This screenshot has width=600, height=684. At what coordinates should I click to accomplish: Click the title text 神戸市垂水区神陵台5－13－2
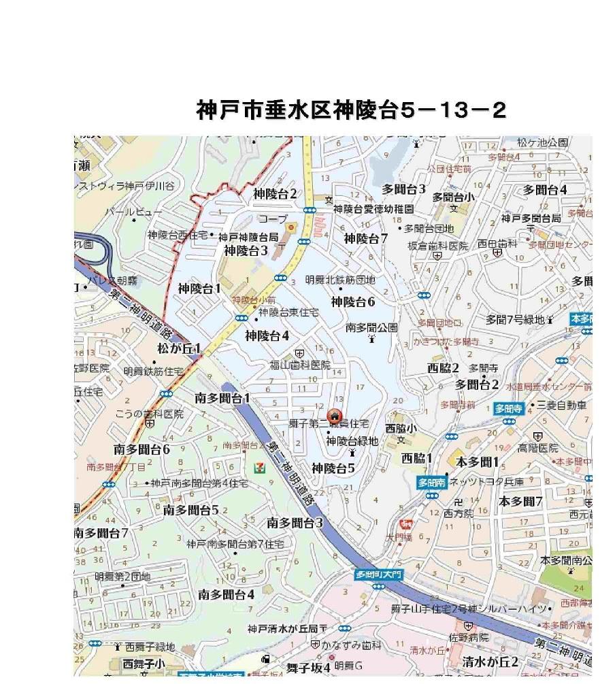tap(351, 110)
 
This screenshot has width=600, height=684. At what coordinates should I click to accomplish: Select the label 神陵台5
tap(333, 468)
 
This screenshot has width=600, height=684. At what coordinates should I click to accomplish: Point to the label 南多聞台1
tap(222, 397)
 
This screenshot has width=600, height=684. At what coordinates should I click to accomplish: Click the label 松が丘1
tap(179, 349)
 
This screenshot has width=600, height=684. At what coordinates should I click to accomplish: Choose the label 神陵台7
tap(365, 238)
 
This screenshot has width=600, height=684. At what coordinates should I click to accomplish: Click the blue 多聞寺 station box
tap(507, 409)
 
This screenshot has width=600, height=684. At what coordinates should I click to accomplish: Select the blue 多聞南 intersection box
tap(431, 483)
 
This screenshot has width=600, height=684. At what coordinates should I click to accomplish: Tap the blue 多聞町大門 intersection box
tap(380, 574)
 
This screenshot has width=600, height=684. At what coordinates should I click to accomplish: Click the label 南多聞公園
tap(371, 327)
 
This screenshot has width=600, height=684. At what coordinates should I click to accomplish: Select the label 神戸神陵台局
tap(248, 238)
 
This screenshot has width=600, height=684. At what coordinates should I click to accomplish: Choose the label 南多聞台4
tap(227, 594)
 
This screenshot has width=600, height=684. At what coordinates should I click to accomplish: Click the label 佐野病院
tap(469, 638)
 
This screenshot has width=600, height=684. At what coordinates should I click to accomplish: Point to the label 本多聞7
tap(520, 502)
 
